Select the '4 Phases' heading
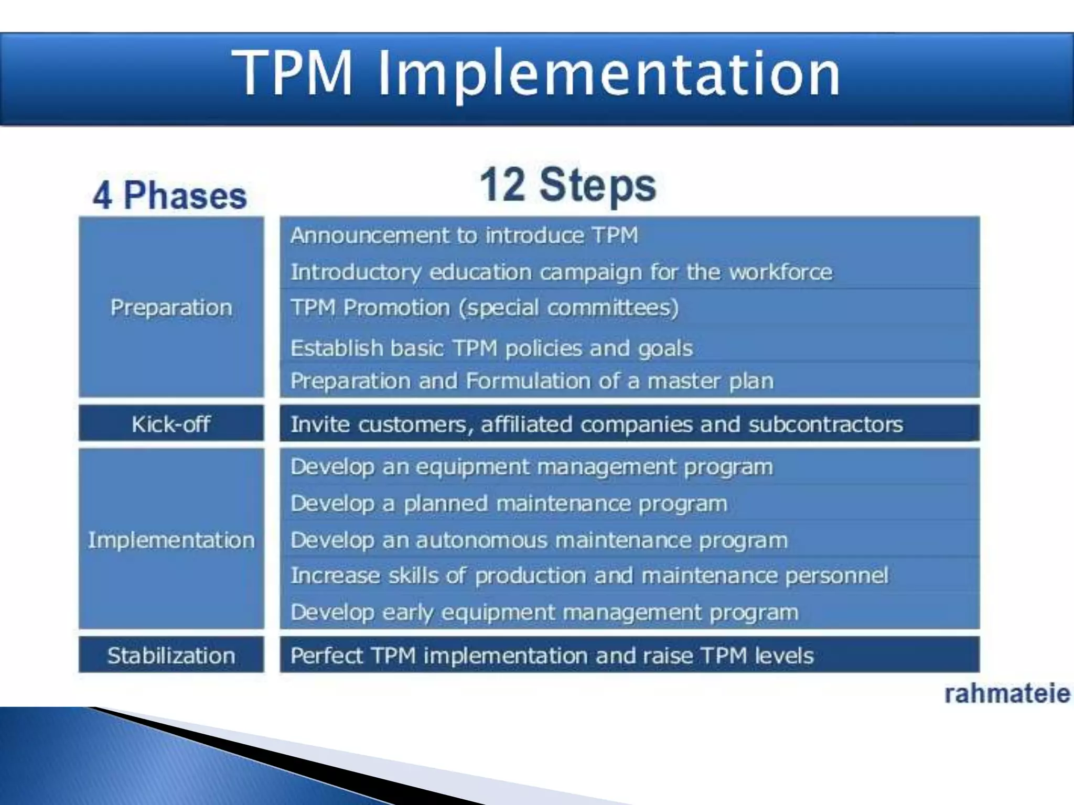point(169,195)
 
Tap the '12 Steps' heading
point(567,185)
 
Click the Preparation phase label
point(171,307)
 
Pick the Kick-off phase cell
point(171,423)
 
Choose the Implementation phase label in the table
point(171,540)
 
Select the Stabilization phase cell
point(171,655)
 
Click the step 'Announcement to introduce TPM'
point(464,235)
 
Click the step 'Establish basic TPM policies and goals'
point(491,348)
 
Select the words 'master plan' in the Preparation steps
point(710,381)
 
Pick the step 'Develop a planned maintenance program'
point(509,504)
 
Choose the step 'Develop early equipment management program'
point(544,612)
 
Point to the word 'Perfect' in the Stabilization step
point(326,656)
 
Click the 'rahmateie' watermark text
point(1006,694)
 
